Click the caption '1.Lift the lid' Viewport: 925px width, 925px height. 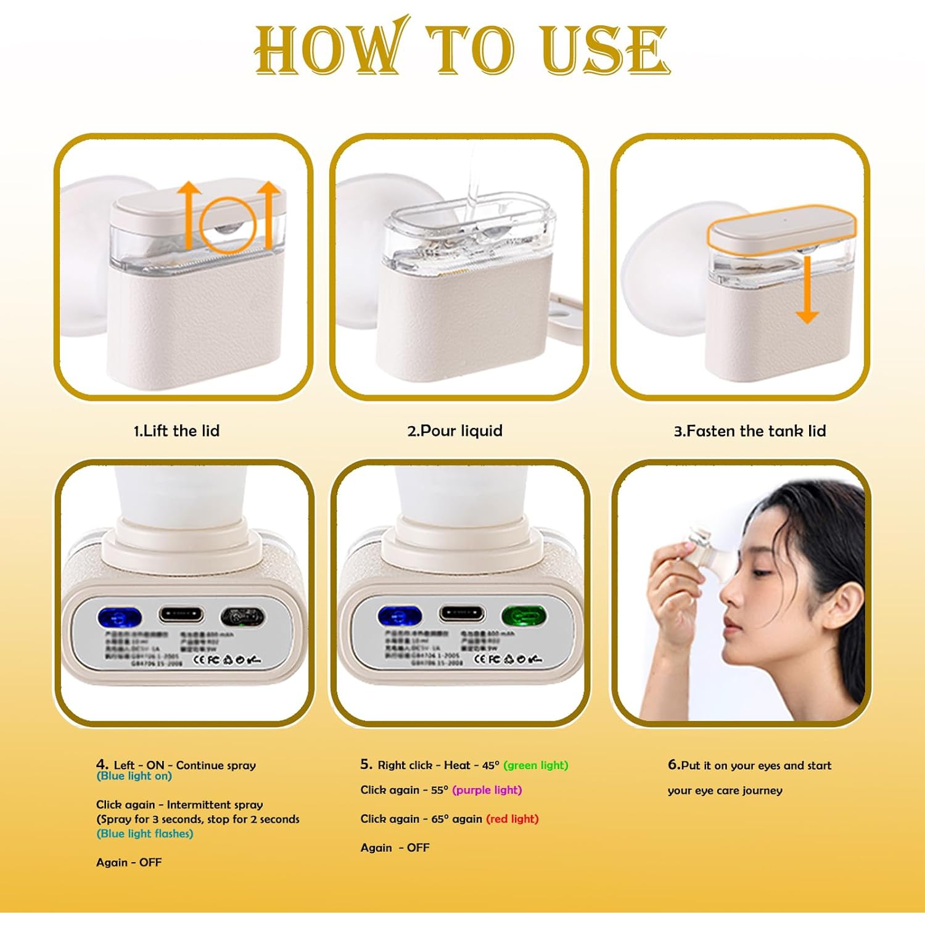pos(176,430)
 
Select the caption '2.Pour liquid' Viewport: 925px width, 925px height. pos(454,430)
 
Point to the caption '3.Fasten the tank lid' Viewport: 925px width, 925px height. pos(749,430)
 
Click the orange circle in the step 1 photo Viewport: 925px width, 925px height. pos(228,225)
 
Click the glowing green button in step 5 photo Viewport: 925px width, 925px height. pos(524,615)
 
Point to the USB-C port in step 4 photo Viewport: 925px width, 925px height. pos(181,614)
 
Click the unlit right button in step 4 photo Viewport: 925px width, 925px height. pos(243,616)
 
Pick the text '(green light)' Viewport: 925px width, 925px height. pos(535,765)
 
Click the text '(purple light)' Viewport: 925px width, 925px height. pos(487,790)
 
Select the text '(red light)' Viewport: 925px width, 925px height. pos(512,819)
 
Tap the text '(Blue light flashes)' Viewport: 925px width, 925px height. pos(145,834)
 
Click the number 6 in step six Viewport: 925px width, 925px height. pos(673,765)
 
